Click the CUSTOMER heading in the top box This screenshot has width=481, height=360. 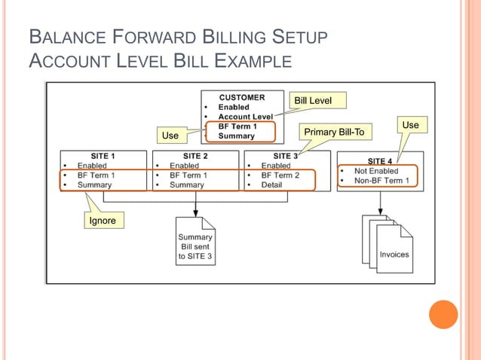point(242,97)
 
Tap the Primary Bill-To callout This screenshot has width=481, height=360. point(333,133)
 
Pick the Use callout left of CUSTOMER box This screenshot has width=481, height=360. point(171,136)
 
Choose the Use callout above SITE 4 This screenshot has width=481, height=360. point(410,124)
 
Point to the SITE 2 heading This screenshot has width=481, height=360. point(195,156)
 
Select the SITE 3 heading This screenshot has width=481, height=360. point(286,156)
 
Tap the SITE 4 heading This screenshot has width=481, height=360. point(379,160)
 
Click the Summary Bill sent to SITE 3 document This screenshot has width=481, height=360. point(195,241)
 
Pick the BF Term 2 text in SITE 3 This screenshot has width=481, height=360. point(280,175)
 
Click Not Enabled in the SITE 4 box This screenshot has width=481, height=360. point(376,171)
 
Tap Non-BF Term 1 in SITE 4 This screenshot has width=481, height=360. point(381,181)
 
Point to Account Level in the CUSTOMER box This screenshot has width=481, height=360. point(245,117)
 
